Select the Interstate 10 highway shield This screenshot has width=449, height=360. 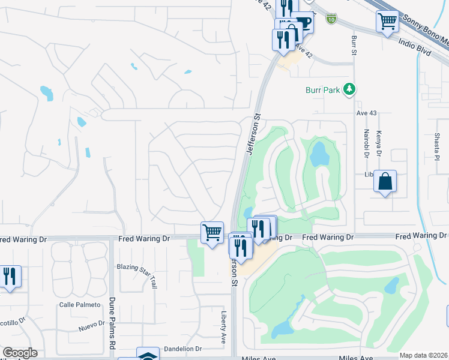pos(332,19)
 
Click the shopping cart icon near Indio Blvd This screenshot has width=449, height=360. pos(388,22)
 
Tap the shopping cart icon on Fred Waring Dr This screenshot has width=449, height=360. pos(212,232)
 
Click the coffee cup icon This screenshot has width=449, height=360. pos(304,23)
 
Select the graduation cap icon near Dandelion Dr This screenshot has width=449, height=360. pos(148,356)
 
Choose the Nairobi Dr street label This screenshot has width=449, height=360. pos(366,143)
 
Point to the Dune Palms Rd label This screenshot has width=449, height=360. pos(112,325)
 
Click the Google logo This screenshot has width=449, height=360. pos(20,353)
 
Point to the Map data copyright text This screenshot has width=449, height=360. pos(423,355)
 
